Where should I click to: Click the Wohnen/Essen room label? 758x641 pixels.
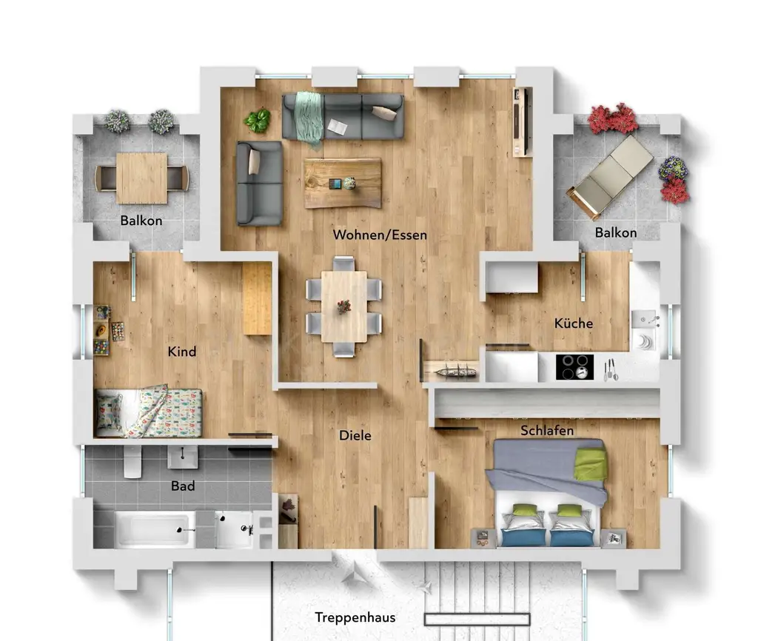coord(380,235)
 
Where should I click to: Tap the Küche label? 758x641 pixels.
coord(574,323)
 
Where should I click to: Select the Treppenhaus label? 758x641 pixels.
coord(355,617)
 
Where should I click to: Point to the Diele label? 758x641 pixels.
coord(355,436)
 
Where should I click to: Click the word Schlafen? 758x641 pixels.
coord(547,430)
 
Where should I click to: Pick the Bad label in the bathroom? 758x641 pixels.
coord(183,486)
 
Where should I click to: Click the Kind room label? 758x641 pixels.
coord(182,351)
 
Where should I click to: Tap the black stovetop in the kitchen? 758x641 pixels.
coord(574,366)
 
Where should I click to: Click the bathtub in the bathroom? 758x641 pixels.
coord(155,529)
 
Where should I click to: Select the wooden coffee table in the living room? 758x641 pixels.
coord(343,183)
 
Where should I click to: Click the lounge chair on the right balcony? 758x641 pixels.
coord(609,176)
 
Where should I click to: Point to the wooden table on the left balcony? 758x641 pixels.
coord(141,178)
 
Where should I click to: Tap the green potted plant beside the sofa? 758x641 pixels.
coord(258,120)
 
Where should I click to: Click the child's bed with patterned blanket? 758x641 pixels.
coord(149,412)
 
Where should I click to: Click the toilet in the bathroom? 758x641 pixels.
coord(133,462)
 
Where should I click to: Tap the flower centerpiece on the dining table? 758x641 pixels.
coord(343,306)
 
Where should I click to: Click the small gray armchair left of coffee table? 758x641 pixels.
coord(258,183)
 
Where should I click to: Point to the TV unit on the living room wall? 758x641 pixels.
coord(523,121)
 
